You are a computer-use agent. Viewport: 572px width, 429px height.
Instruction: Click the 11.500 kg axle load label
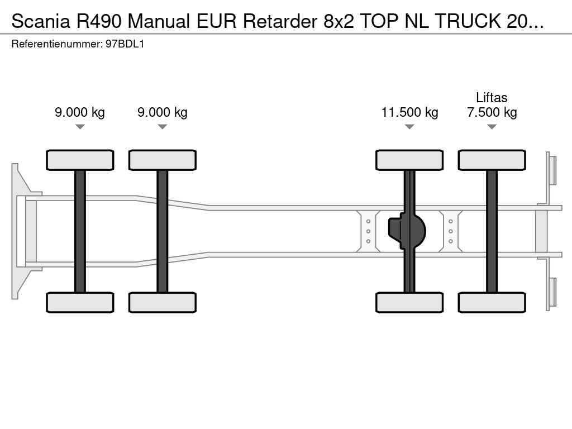[409, 112]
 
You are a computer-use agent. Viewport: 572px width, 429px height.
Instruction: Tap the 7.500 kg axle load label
[492, 112]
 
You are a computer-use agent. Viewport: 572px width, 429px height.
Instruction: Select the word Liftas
[492, 97]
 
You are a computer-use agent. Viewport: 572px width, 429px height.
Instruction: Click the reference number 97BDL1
[125, 44]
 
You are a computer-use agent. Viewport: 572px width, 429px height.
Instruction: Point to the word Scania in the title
[41, 21]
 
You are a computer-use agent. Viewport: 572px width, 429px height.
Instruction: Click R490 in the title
[98, 21]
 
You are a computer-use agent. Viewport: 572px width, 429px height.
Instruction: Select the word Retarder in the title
[280, 21]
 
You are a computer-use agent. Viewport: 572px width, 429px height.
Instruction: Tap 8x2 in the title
[339, 21]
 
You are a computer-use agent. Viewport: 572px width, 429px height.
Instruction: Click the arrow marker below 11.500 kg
[409, 127]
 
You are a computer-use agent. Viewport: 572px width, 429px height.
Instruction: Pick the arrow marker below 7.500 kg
[492, 127]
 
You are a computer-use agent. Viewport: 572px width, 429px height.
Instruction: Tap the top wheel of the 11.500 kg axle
[409, 160]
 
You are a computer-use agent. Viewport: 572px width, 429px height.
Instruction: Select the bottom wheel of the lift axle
[492, 302]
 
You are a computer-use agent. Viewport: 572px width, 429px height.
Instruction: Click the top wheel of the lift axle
[492, 160]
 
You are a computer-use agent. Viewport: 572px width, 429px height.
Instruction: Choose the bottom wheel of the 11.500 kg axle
[409, 302]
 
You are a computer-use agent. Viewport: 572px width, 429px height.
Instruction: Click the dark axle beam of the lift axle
[492, 231]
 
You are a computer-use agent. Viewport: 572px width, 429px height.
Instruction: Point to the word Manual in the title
[159, 21]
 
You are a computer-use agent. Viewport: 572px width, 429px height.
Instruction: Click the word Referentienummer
[57, 44]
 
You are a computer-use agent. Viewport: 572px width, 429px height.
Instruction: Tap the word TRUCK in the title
[468, 21]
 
